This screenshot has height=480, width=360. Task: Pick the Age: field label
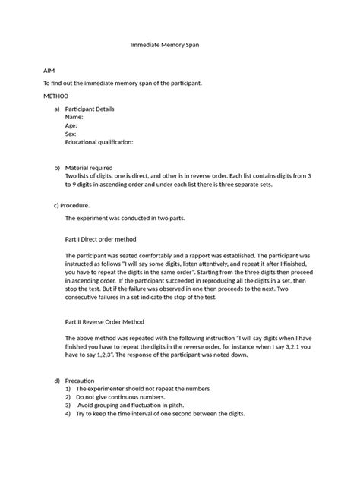click(x=73, y=126)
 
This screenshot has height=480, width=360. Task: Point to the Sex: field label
click(x=72, y=134)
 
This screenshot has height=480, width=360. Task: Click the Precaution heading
click(x=80, y=380)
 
